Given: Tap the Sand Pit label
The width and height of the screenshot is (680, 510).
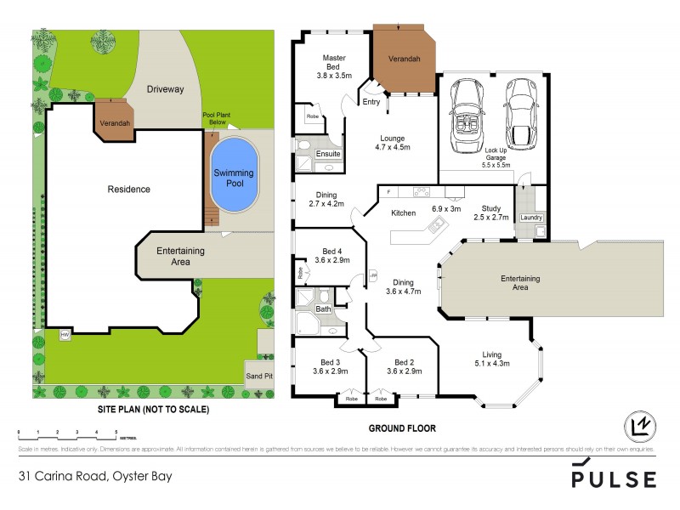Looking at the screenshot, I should pos(258,375).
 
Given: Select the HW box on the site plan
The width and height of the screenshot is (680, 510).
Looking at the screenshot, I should pos(64,335).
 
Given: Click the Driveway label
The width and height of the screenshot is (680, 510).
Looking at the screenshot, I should pos(165,89).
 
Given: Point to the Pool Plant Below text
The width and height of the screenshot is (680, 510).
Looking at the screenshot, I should pos(216,118).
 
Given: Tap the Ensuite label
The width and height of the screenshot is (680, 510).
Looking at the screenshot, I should pos(328,154).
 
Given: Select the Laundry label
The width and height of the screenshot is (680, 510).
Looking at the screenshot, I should pos(531,218).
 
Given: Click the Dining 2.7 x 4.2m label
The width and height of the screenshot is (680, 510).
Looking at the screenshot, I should pos(326,199).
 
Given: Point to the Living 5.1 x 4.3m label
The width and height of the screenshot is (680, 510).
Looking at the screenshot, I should pos(491,359).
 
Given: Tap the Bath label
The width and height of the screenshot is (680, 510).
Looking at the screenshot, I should pos(323,309).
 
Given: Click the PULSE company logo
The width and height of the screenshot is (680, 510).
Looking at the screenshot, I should pos(613,477).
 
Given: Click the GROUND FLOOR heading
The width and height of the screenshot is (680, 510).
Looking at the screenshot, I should pos(402,428).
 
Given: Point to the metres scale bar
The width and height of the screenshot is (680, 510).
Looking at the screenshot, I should pos(67,434).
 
